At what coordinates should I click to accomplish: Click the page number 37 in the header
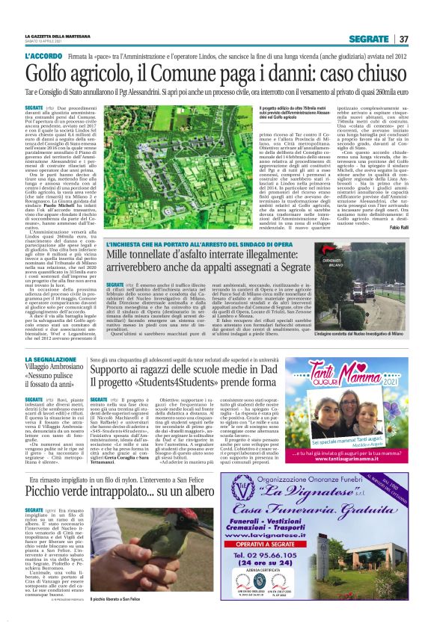click(x=403, y=39)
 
